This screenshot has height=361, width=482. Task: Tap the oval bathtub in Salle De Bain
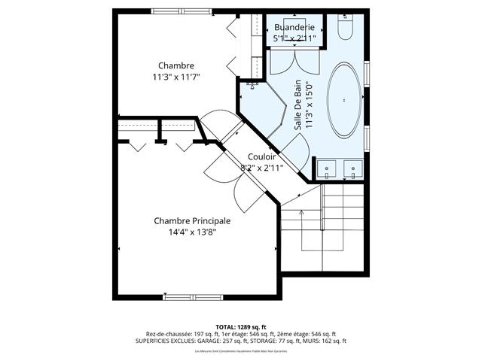[345, 99]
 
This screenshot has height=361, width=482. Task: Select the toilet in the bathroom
[346, 29]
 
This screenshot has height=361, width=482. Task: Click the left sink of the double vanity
[326, 168]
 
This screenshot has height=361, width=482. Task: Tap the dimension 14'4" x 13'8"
[192, 232]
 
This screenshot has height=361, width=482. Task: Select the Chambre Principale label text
[192, 220]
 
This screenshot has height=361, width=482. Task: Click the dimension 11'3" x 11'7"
[176, 77]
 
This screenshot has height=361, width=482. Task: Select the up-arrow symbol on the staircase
[300, 213]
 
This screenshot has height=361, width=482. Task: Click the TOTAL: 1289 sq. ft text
[241, 327]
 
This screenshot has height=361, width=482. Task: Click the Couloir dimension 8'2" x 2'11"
[261, 168]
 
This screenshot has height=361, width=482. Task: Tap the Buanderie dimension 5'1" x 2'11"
[294, 38]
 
